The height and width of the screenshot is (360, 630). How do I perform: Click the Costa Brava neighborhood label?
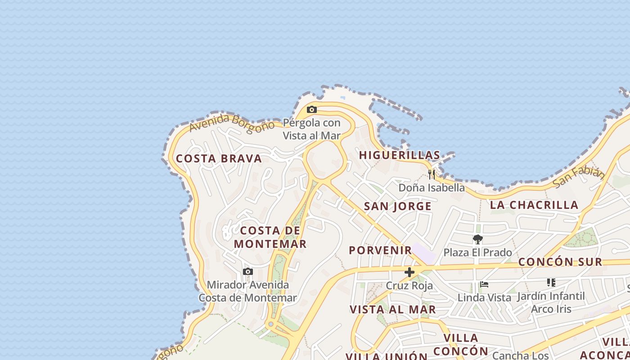pyautogui.click(x=219, y=158)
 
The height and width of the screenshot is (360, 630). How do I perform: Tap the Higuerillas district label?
pyautogui.click(x=399, y=155)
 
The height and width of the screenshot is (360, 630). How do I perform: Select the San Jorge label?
pyautogui.click(x=397, y=207)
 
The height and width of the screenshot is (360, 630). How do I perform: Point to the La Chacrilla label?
pyautogui.click(x=534, y=205)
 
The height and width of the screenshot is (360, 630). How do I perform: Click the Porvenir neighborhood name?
pyautogui.click(x=380, y=250)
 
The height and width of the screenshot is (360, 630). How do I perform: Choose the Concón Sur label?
pyautogui.click(x=560, y=262)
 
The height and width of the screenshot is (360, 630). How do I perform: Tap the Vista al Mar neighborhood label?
pyautogui.click(x=393, y=310)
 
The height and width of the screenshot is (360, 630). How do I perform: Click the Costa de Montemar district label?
pyautogui.click(x=270, y=237)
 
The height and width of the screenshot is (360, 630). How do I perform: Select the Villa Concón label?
pyautogui.click(x=461, y=344)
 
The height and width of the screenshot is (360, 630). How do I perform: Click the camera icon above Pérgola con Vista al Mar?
pyautogui.click(x=311, y=109)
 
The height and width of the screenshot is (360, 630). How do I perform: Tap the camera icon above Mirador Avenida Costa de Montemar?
pyautogui.click(x=247, y=271)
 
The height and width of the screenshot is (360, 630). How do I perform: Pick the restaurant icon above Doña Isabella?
pyautogui.click(x=431, y=174)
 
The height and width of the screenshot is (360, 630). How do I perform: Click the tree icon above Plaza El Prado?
pyautogui.click(x=477, y=239)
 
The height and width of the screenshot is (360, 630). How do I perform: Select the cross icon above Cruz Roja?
pyautogui.click(x=409, y=272)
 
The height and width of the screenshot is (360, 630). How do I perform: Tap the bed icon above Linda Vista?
pyautogui.click(x=484, y=284)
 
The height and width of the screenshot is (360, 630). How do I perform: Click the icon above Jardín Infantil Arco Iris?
pyautogui.click(x=551, y=283)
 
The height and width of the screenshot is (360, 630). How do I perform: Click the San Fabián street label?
pyautogui.click(x=578, y=177)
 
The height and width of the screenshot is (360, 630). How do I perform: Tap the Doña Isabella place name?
pyautogui.click(x=431, y=188)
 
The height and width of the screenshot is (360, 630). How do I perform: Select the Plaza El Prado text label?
pyautogui.click(x=477, y=252)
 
